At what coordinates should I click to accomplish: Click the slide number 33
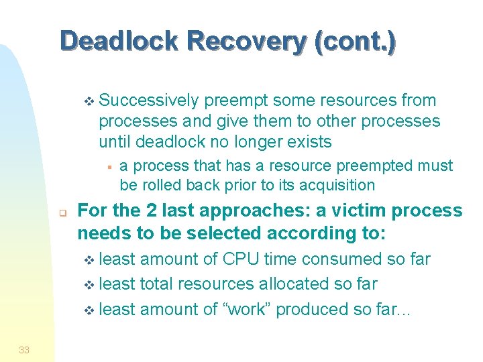pos(24,349)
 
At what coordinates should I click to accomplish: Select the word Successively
pos(148,101)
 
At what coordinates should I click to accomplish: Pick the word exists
pos(308,142)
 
